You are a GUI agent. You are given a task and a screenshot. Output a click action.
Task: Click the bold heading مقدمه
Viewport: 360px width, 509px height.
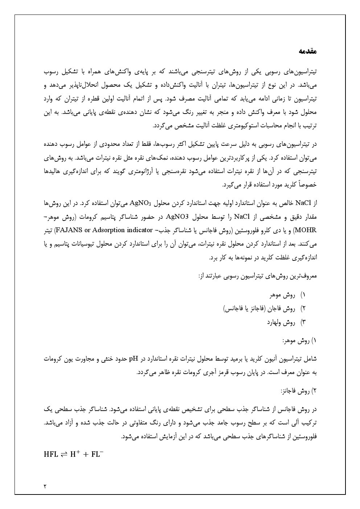(308, 52)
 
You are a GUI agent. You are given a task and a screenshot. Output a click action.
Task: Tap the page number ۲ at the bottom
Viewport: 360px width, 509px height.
(45, 485)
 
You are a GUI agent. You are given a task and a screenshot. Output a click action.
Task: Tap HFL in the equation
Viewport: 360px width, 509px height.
(51, 454)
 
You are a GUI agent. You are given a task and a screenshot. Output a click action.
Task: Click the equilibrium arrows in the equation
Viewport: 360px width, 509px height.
(64, 454)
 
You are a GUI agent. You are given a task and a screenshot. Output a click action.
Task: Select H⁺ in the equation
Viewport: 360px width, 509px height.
(75, 453)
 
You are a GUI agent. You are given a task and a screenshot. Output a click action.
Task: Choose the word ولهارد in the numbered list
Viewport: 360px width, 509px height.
(274, 322)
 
